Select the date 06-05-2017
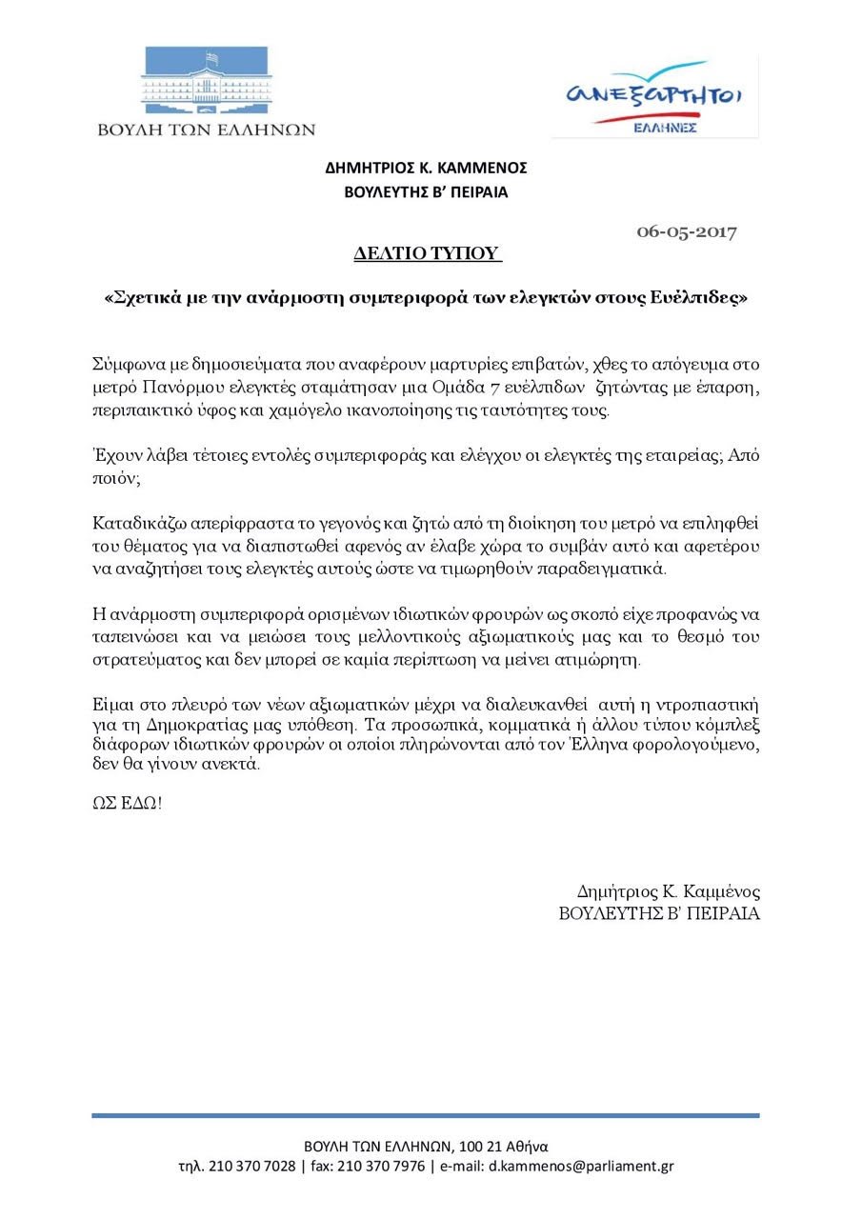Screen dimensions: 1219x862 [686, 231]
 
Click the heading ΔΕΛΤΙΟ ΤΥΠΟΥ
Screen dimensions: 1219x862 [428, 253]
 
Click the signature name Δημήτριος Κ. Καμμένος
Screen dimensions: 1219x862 [668, 892]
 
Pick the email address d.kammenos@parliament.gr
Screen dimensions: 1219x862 [581, 1167]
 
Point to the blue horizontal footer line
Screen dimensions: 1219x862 [426, 1115]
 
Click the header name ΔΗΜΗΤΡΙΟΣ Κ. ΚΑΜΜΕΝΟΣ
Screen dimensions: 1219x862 [426, 169]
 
